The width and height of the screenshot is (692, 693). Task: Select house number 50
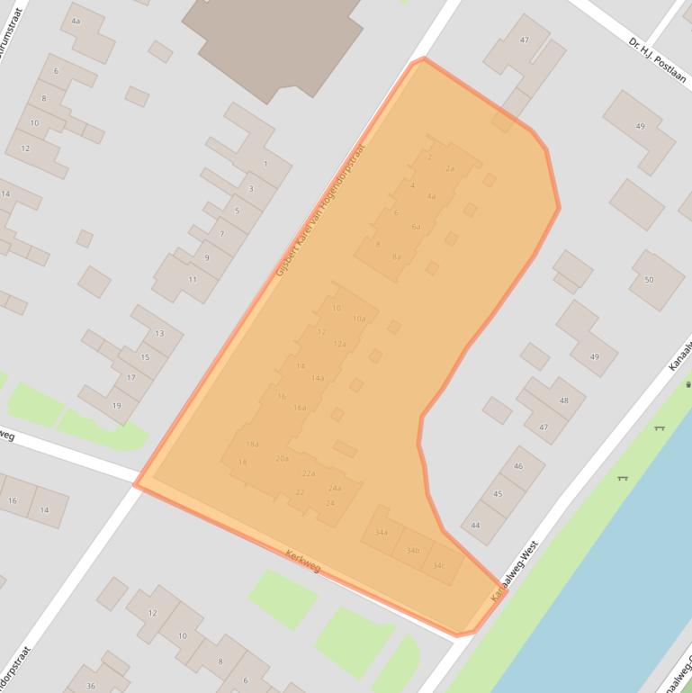click(x=649, y=280)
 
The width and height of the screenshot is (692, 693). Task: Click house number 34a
click(x=382, y=532)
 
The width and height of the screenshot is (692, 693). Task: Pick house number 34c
click(x=438, y=565)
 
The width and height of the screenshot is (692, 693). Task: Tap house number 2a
click(x=450, y=168)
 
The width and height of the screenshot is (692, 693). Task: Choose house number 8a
click(x=396, y=256)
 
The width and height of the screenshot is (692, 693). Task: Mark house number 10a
click(x=359, y=319)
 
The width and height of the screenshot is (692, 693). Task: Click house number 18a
click(x=253, y=444)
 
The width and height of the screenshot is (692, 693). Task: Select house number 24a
click(x=335, y=488)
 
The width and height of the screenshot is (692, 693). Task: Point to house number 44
click(x=475, y=525)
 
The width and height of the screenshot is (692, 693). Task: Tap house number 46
click(x=518, y=465)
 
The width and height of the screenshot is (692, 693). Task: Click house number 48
click(x=564, y=400)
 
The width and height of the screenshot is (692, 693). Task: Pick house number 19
click(x=116, y=405)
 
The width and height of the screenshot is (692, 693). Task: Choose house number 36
click(x=91, y=685)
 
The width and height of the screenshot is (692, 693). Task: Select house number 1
click(x=265, y=164)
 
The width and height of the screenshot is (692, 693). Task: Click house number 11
click(x=192, y=280)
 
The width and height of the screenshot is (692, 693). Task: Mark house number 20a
click(x=282, y=458)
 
